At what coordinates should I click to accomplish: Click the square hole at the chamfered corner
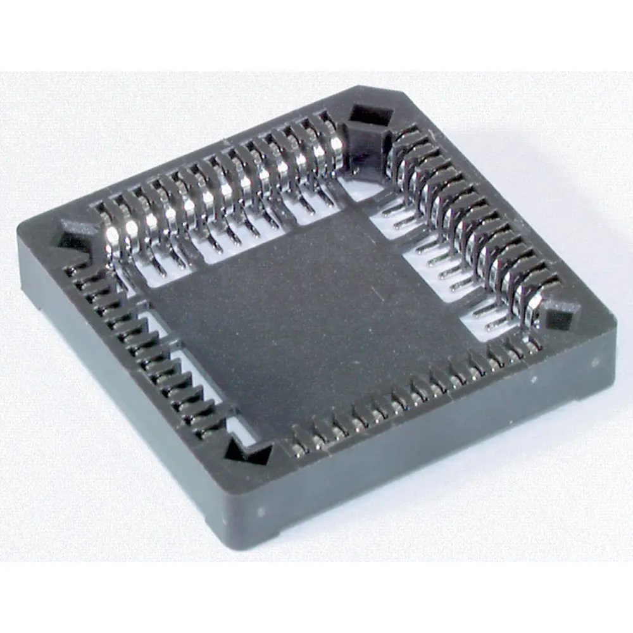pyautogui.click(x=370, y=115)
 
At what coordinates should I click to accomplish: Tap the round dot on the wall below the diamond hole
pyautogui.click(x=594, y=363)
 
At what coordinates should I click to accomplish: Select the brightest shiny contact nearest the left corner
pyautogui.click(x=113, y=235)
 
